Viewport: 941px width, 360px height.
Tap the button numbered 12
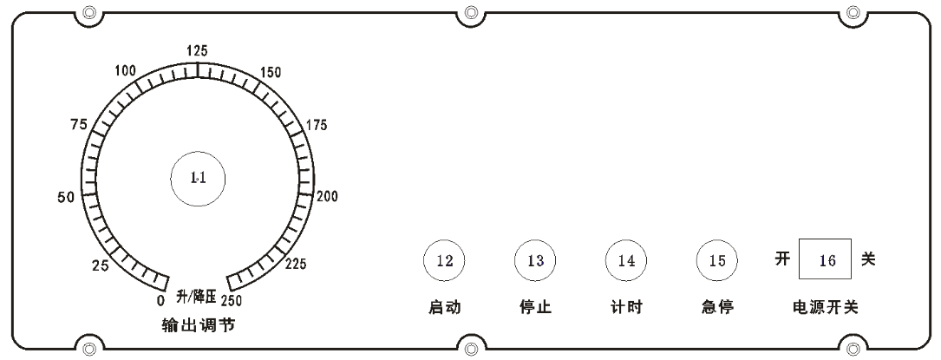coord(444,260)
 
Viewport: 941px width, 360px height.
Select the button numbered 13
coord(535,260)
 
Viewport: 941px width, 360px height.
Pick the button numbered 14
coord(626,260)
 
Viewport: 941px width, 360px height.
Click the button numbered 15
coord(717,260)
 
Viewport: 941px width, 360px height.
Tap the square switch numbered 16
coord(825,259)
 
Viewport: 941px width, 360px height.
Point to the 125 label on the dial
coord(197,50)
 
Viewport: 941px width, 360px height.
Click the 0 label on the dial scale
coord(160,298)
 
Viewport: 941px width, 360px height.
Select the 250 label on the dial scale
coord(232,300)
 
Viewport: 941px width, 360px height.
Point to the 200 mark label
coord(328,197)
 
